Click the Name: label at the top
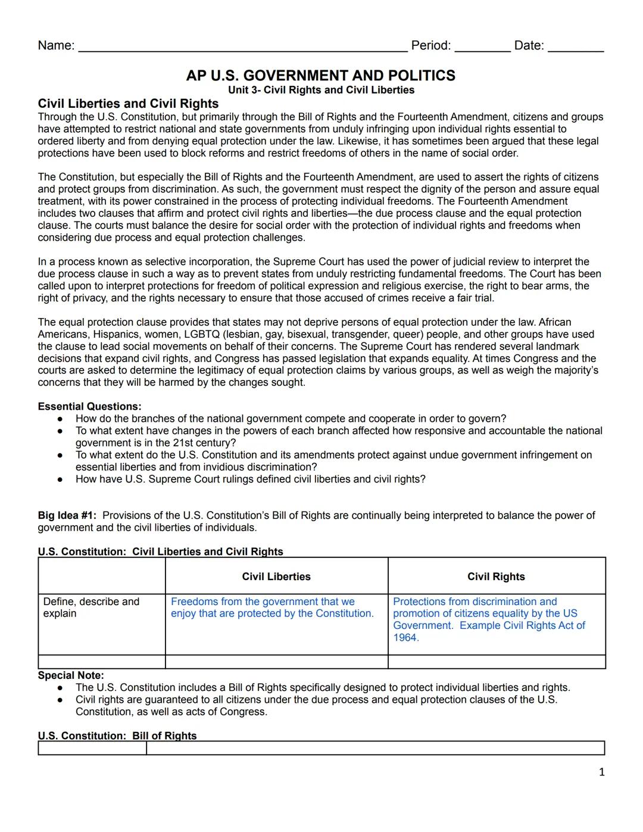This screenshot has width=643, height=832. pyautogui.click(x=56, y=46)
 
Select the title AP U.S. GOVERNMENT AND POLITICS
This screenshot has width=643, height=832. pyautogui.click(x=320, y=76)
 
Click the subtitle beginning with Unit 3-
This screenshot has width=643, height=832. pyautogui.click(x=321, y=90)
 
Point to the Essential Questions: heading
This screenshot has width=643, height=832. pyautogui.click(x=89, y=407)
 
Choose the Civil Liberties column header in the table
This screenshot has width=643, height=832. pyautogui.click(x=276, y=577)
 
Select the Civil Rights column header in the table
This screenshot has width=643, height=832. pyautogui.click(x=496, y=577)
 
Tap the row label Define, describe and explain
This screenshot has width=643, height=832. pyautogui.click(x=90, y=607)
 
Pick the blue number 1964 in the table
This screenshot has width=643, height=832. pyautogui.click(x=405, y=638)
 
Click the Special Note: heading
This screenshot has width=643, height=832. pyautogui.click(x=71, y=675)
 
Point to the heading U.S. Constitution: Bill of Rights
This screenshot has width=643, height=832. pyautogui.click(x=117, y=736)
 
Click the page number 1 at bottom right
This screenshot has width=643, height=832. pyautogui.click(x=601, y=772)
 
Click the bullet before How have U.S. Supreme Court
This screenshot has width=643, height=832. pyautogui.click(x=60, y=479)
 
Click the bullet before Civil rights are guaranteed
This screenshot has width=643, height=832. pyautogui.click(x=60, y=700)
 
